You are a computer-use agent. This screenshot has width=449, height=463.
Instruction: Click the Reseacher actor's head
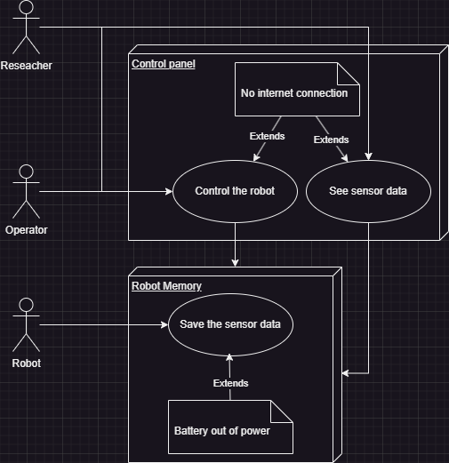click(x=26, y=6)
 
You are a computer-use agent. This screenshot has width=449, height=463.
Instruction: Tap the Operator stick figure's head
click(x=26, y=172)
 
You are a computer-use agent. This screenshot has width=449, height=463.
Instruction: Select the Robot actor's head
click(x=26, y=305)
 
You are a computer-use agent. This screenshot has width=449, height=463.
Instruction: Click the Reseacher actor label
click(x=26, y=66)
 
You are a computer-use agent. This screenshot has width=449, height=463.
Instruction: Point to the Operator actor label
click(x=26, y=230)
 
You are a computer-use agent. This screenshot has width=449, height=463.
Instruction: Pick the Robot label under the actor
click(x=26, y=363)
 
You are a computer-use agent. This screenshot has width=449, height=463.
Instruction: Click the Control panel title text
click(x=164, y=64)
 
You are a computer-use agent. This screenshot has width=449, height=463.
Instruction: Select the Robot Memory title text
click(x=166, y=286)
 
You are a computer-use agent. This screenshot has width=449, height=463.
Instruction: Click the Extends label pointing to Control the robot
click(x=267, y=136)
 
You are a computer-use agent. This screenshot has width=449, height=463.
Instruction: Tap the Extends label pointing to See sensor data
click(x=331, y=140)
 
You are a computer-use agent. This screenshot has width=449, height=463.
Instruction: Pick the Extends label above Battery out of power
click(x=230, y=383)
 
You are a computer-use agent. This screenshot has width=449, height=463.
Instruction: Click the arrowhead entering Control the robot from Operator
click(x=169, y=191)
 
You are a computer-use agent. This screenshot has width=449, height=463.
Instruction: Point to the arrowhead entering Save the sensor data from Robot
click(x=164, y=324)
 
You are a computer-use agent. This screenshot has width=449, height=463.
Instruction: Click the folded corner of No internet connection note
click(x=349, y=74)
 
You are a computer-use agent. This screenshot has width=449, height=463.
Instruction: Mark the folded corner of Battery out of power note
click(x=282, y=411)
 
